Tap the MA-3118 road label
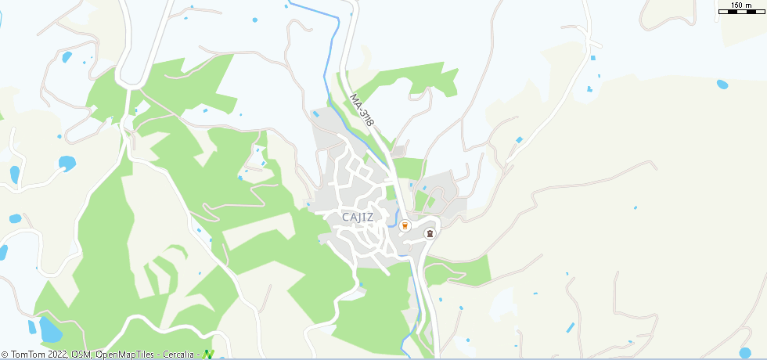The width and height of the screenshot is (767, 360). click(x=362, y=110)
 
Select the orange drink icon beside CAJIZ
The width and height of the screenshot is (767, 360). click(x=405, y=225)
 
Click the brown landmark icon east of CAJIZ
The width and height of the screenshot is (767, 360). click(x=429, y=233)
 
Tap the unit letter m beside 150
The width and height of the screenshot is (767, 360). click(x=750, y=5)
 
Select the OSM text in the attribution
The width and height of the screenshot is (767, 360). click(x=80, y=355)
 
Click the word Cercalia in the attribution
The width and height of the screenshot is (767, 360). click(x=179, y=355)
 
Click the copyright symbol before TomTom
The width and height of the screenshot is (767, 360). click(x=5, y=355)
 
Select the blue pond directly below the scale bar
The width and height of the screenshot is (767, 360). click(x=722, y=84)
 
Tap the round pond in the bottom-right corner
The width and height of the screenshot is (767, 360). click(x=745, y=353)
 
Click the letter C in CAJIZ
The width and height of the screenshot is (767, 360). click(x=346, y=217)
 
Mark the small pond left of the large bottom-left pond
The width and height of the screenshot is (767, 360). click(x=32, y=326)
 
